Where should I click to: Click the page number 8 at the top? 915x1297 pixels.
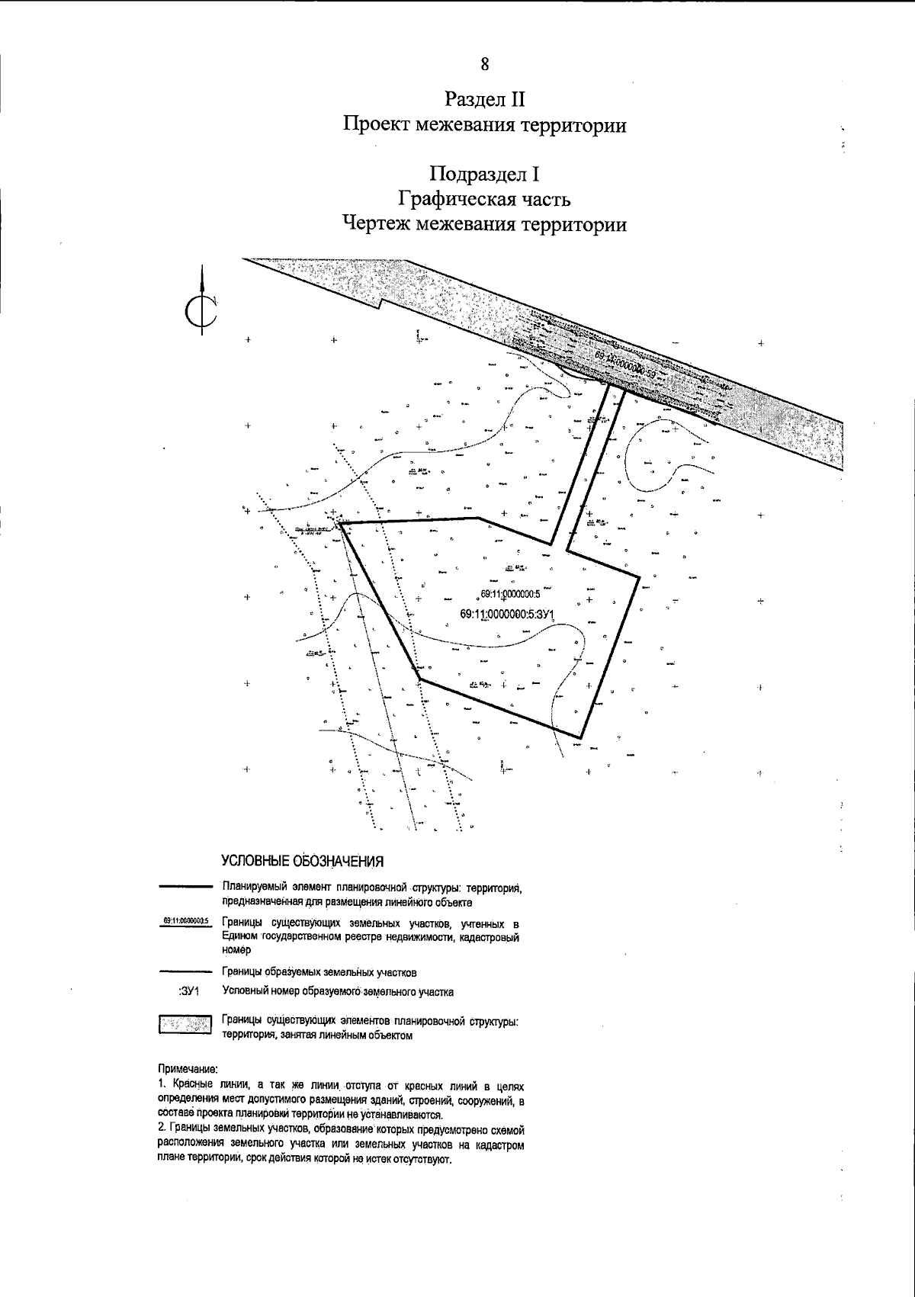click(485, 64)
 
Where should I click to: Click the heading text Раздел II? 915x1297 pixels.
click(485, 99)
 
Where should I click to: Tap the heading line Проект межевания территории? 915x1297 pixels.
click(485, 125)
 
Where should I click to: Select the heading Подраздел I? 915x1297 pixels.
click(485, 175)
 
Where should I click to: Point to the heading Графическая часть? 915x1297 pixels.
click(485, 200)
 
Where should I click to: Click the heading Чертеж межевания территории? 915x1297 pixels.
click(485, 225)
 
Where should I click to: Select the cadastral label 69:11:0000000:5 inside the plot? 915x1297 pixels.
click(510, 594)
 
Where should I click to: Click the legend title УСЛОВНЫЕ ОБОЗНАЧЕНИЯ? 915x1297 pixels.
click(302, 861)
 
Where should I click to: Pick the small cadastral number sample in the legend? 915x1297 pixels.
click(186, 921)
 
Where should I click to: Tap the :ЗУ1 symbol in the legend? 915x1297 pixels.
click(188, 992)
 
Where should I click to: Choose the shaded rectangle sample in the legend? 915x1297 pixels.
click(185, 1024)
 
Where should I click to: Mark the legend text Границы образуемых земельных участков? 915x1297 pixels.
click(319, 972)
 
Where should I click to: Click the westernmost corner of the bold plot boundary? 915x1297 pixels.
click(340, 524)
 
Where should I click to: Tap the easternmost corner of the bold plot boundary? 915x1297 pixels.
click(638, 577)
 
